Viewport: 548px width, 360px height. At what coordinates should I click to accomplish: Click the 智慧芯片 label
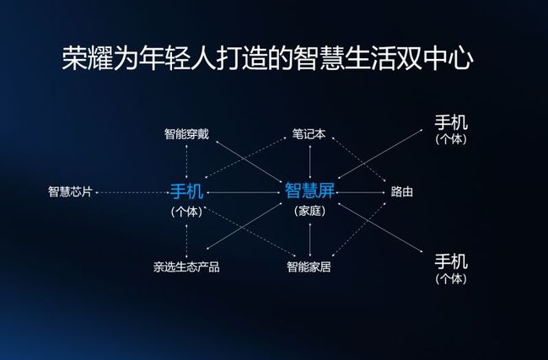coord(70,191)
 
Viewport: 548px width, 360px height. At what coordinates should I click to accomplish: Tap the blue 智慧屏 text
coord(309,191)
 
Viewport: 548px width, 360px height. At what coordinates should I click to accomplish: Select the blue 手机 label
coord(186,191)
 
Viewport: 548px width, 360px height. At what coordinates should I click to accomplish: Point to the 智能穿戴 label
coord(186,134)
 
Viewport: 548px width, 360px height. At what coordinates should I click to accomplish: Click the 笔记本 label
coord(309,134)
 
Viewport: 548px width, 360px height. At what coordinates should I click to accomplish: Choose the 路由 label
coord(402,191)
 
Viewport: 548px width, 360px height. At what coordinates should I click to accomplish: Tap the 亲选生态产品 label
coord(186,267)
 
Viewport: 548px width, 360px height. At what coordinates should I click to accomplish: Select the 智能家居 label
coord(309,267)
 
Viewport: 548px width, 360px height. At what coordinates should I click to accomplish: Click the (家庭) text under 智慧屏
coord(309,211)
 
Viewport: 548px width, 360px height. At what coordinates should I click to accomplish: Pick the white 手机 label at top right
coord(451,123)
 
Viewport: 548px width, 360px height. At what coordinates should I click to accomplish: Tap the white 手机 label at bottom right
coord(451,261)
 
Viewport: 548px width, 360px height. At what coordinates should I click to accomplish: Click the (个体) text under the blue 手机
coord(186,212)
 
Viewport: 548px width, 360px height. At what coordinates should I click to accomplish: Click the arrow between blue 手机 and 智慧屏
coord(244,192)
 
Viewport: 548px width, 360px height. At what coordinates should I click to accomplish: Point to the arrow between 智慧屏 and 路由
coord(361,192)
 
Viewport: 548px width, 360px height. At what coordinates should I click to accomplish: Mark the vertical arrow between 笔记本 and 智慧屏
coord(310,162)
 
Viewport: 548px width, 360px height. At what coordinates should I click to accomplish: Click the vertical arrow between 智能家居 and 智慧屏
coord(310,239)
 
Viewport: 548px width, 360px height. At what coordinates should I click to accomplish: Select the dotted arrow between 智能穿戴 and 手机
coord(186,162)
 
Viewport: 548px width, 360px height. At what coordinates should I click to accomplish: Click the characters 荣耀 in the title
coord(88,57)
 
